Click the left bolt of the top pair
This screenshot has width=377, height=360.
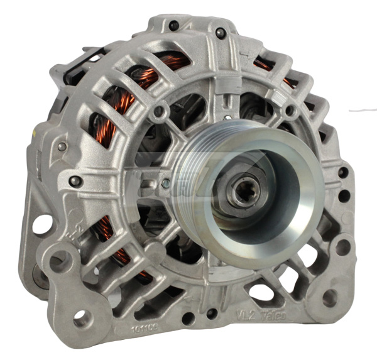[x=173, y=26]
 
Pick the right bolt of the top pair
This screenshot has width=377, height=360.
[x=219, y=32]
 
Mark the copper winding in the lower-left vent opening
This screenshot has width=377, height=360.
[x=113, y=242]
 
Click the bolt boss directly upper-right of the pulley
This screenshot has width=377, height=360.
[x=289, y=111]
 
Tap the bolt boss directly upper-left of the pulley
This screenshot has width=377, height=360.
[x=160, y=112]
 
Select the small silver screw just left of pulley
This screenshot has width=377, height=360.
[x=165, y=183]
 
